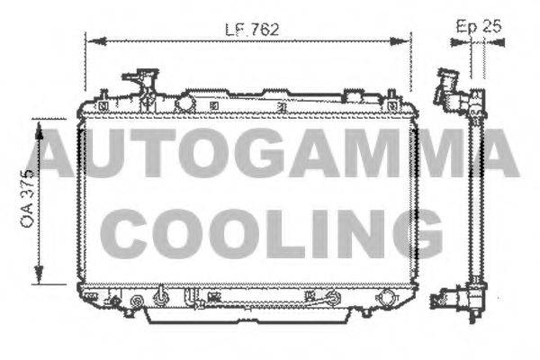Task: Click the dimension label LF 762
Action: pyautogui.click(x=252, y=28)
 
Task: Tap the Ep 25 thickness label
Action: pyautogui.click(x=479, y=26)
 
